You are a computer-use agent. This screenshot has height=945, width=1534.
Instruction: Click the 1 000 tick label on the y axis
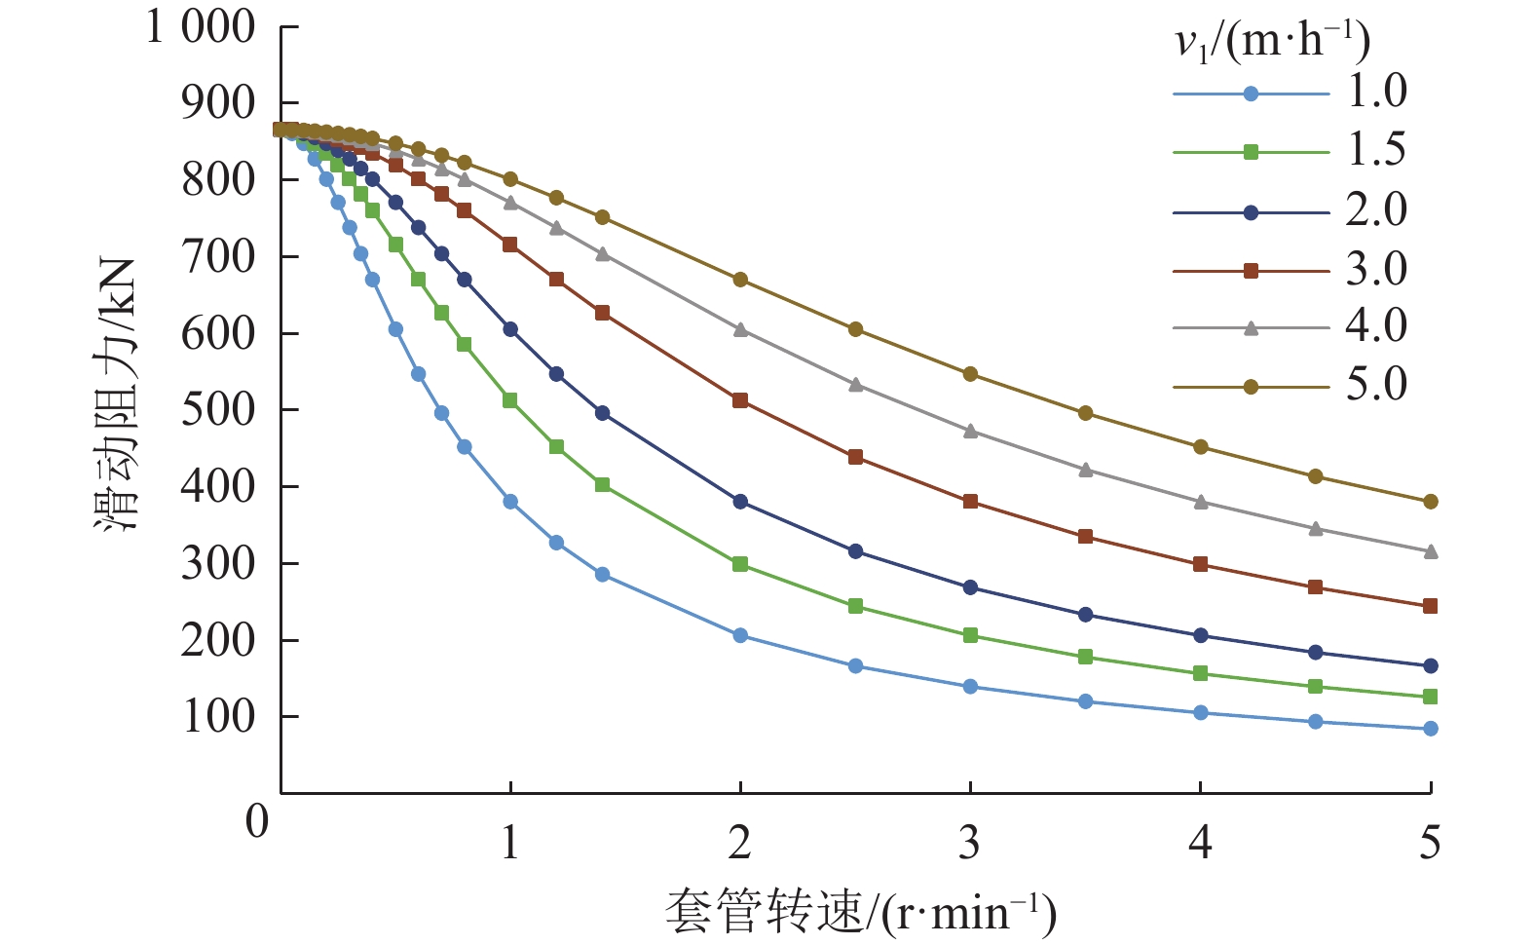[x=201, y=26]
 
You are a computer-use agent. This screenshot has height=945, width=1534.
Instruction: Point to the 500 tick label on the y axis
[x=217, y=409]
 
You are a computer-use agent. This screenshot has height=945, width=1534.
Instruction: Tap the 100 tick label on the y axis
[x=217, y=716]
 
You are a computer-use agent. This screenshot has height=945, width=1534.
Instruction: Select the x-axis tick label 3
[x=969, y=843]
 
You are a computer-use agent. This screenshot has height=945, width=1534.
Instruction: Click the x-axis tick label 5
[x=1430, y=843]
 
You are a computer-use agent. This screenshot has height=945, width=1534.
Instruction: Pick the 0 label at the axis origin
[x=257, y=821]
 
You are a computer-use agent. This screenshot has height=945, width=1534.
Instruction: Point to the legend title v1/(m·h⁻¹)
[x=1271, y=41]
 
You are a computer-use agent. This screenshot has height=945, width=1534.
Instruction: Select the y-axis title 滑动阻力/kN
[x=116, y=395]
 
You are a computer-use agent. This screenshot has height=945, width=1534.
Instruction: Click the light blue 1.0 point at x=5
[x=1430, y=729]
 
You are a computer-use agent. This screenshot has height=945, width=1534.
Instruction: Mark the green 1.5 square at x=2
[x=740, y=564]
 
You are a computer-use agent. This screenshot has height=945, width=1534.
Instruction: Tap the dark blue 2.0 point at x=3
[x=970, y=587]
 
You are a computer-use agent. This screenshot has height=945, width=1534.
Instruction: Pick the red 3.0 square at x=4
[x=1200, y=564]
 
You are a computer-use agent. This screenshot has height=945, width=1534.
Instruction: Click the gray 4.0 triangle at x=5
[x=1430, y=551]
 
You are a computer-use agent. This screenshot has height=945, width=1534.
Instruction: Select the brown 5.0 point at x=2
[x=740, y=280]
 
